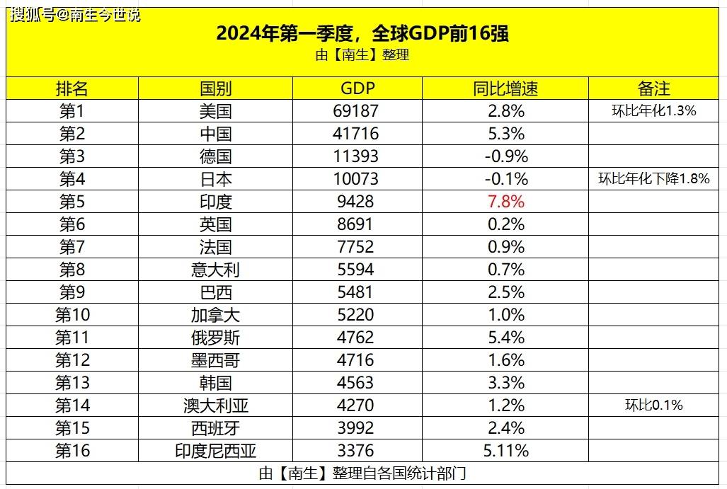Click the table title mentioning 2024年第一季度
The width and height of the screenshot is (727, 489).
pyautogui.click(x=362, y=34)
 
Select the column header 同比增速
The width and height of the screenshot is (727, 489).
pyautogui.click(x=505, y=88)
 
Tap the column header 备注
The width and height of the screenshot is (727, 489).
pyautogui.click(x=653, y=88)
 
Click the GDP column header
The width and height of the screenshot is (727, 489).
pyautogui.click(x=357, y=88)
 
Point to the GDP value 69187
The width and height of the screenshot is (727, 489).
pyautogui.click(x=355, y=111)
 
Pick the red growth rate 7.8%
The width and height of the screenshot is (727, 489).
pyautogui.click(x=505, y=202)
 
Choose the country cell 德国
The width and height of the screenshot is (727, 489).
pyautogui.click(x=215, y=156)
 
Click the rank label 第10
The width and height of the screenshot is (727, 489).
pyautogui.click(x=72, y=315)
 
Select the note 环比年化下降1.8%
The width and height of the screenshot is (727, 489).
pyautogui.click(x=653, y=179)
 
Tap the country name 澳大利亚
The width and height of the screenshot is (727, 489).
pyautogui.click(x=215, y=405)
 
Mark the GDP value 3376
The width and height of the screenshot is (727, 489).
pyautogui.click(x=355, y=451)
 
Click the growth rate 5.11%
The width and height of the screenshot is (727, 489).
pyautogui.click(x=505, y=451)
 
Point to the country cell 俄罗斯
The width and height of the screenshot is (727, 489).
pyautogui.click(x=215, y=338)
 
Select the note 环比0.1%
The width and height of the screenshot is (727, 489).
pyautogui.click(x=653, y=405)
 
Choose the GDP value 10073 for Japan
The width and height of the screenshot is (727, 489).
pyautogui.click(x=355, y=179)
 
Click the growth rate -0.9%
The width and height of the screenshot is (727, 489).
pyautogui.click(x=505, y=156)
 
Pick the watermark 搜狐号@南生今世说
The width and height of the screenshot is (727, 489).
pyautogui.click(x=75, y=14)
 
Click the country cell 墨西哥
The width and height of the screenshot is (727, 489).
pyautogui.click(x=215, y=360)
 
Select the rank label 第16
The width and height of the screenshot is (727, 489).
pyautogui.click(x=72, y=451)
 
